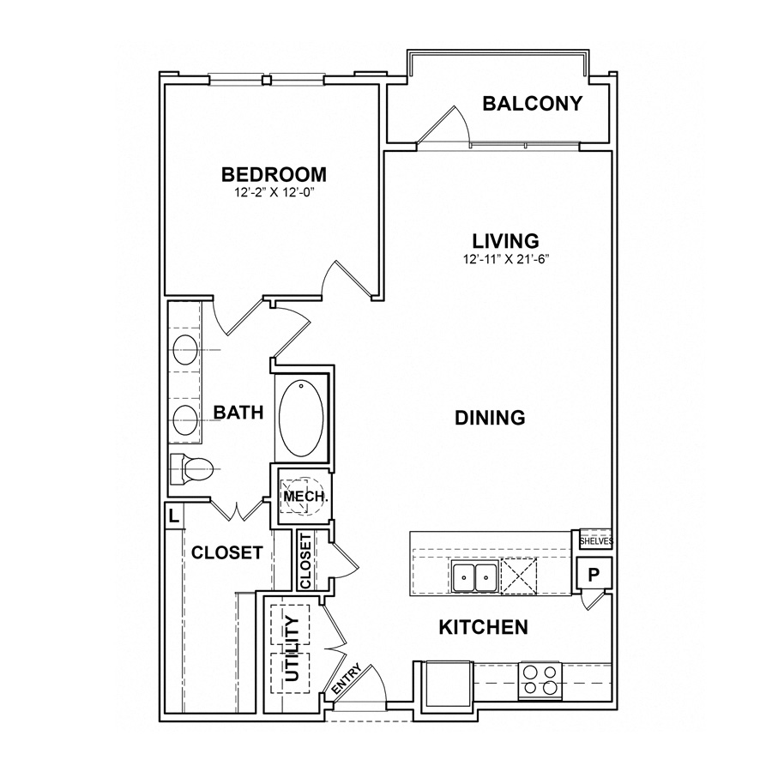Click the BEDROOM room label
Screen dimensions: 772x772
pyautogui.click(x=274, y=175)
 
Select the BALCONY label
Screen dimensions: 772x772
pyautogui.click(x=532, y=104)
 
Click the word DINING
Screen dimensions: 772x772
pyautogui.click(x=489, y=418)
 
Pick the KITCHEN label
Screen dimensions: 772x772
pyautogui.click(x=483, y=627)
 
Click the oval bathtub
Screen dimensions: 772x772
pyautogui.click(x=302, y=417)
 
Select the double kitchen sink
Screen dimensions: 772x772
pyautogui.click(x=474, y=577)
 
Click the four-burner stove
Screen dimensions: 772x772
pyautogui.click(x=540, y=679)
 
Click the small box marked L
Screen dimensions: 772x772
pyautogui.click(x=173, y=516)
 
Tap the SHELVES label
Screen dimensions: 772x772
pyautogui.click(x=594, y=541)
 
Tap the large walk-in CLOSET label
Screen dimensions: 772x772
pyautogui.click(x=226, y=552)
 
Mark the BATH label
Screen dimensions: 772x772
pyautogui.click(x=238, y=413)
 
